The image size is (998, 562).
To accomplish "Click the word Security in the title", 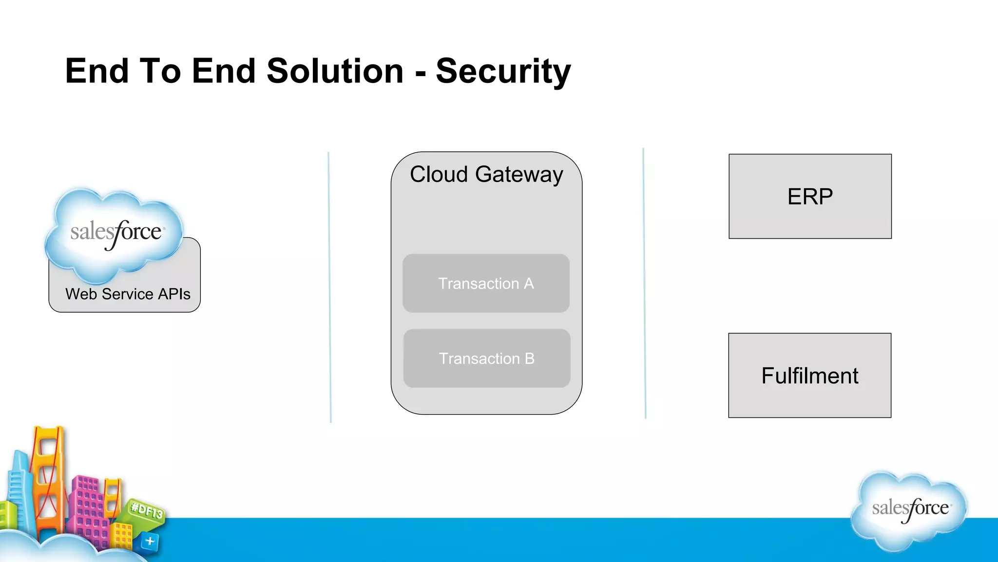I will tap(502, 71).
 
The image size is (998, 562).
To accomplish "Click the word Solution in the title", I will tap(335, 71).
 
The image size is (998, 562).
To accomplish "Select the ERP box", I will tap(810, 197).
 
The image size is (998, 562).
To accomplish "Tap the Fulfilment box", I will tap(809, 376).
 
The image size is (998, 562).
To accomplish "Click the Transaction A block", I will tap(486, 283).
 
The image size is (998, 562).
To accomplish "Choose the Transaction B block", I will tap(486, 359).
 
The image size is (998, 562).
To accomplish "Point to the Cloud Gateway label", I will tap(486, 174).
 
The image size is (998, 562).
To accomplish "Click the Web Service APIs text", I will tap(128, 294).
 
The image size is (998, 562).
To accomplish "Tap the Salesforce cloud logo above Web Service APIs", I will tap(115, 233).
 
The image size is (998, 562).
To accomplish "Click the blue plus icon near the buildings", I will tap(150, 541).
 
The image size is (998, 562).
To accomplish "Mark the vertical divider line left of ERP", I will tap(644, 283).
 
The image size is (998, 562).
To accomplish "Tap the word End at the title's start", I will tap(96, 71).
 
